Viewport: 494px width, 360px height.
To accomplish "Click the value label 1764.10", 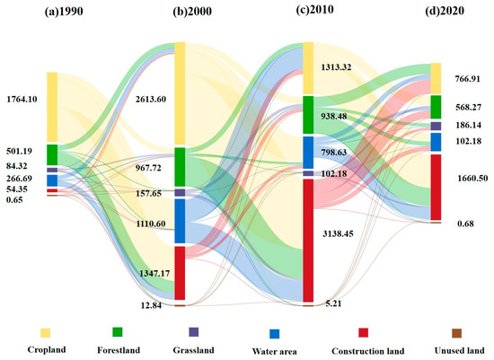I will click(23, 98).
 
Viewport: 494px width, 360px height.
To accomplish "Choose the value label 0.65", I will click(15, 199).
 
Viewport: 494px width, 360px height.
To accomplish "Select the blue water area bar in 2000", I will click(179, 221).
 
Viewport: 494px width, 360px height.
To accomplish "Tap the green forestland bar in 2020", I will click(436, 107).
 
